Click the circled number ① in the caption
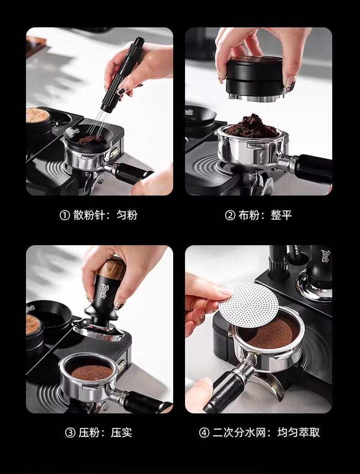[65, 216]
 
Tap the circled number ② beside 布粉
[230, 216]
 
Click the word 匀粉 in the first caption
[127, 215]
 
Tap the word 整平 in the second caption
[282, 215]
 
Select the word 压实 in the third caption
[122, 433]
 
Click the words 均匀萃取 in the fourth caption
[298, 433]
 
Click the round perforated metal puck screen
[248, 305]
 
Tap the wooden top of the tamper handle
[112, 268]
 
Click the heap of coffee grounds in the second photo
[252, 126]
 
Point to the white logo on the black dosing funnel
[75, 131]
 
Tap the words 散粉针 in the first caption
[89, 215]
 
